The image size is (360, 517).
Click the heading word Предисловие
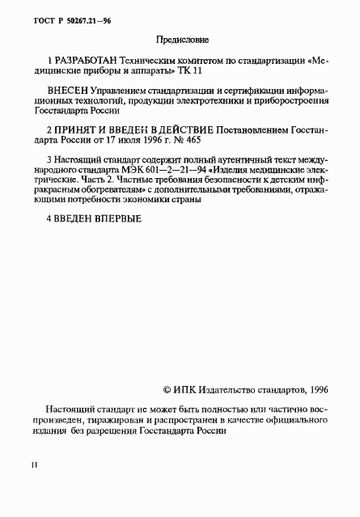(x=180, y=38)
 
